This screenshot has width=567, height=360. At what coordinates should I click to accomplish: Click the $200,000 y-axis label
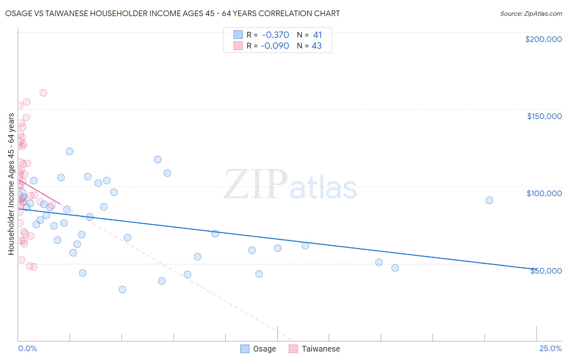(x=543, y=39)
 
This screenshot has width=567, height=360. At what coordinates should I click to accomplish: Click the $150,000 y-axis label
(x=544, y=116)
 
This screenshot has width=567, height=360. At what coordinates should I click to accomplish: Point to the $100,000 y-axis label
(x=544, y=193)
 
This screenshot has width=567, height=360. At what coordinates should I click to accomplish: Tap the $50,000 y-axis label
(x=546, y=271)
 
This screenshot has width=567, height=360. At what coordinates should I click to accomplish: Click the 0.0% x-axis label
(x=27, y=348)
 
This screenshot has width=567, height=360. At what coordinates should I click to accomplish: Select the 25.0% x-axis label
(x=550, y=348)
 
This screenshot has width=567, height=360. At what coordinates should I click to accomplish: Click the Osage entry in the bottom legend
(x=258, y=349)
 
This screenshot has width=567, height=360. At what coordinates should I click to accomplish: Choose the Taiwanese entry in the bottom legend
(x=315, y=349)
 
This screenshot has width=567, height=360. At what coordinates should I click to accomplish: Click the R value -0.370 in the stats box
(x=275, y=35)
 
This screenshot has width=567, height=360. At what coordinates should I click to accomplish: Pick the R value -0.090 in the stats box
(x=275, y=46)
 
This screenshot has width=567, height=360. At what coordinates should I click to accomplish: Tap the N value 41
(x=317, y=35)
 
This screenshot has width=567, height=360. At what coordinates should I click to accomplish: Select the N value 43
(x=317, y=46)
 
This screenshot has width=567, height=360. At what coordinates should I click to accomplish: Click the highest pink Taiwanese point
(x=43, y=93)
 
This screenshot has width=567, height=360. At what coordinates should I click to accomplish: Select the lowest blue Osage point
(x=123, y=289)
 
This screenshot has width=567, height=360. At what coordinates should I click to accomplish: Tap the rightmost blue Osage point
(x=489, y=200)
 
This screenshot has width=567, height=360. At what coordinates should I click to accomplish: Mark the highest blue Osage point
(x=69, y=151)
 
